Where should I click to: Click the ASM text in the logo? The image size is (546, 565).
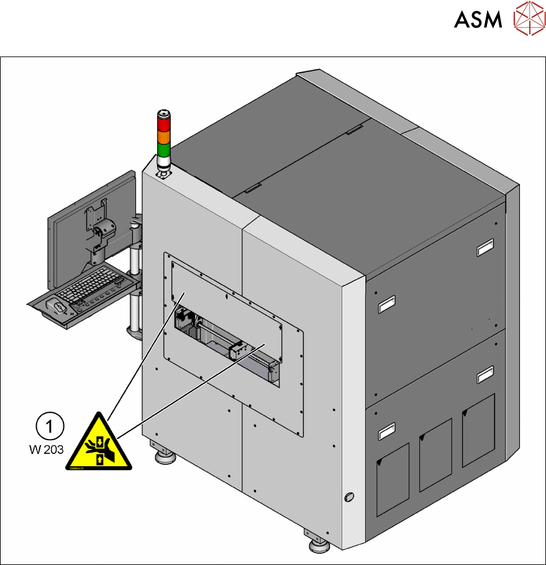[478, 20]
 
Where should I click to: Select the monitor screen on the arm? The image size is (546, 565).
[93, 217]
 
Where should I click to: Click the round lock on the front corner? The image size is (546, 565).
[348, 497]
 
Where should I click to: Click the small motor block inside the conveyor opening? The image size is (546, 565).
[237, 351]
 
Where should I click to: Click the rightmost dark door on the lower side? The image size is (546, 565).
[478, 429]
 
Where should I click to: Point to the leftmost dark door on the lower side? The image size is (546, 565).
[393, 479]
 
